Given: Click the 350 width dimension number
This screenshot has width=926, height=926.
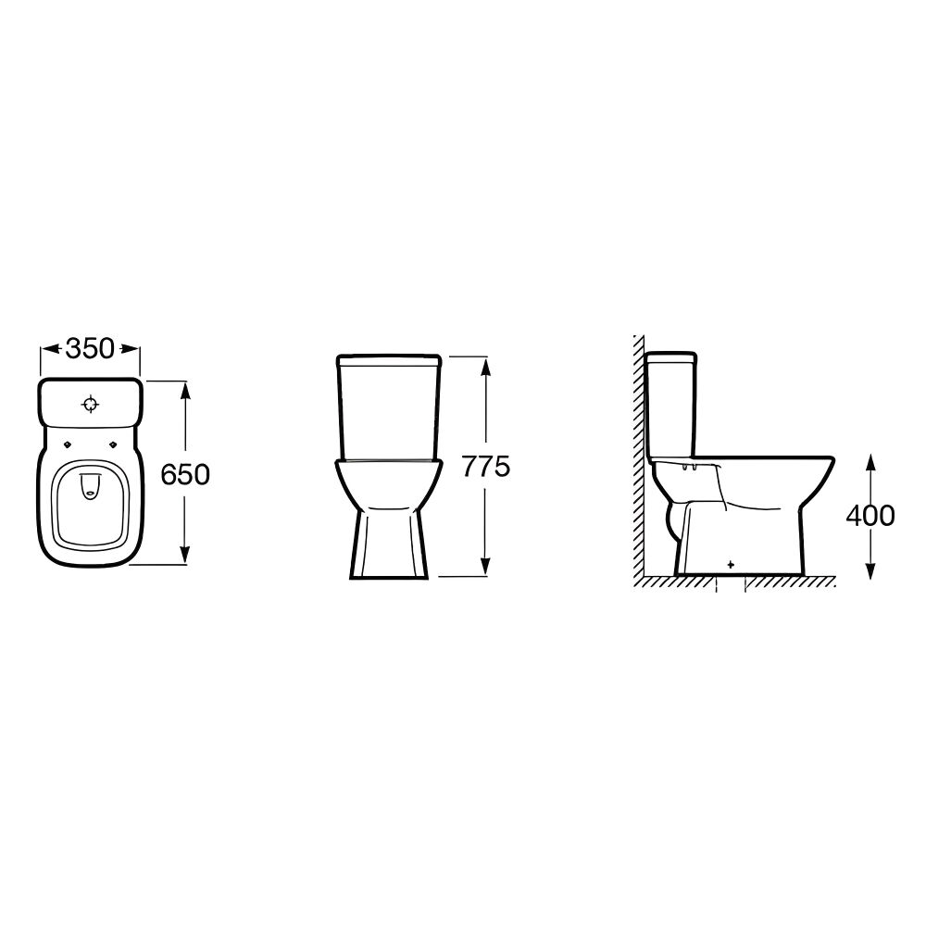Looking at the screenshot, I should pos(90,349).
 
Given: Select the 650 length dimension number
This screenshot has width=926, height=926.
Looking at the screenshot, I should pos(185,474).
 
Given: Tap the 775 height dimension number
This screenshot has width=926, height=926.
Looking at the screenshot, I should pos(486,467).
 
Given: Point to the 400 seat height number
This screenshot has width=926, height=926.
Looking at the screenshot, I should pos(870,515).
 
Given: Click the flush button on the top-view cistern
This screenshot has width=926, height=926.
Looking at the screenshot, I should pos(91,404).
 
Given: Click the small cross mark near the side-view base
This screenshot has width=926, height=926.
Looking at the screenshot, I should pos(732,563).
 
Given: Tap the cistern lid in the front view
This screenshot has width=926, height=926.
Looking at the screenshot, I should pos(388,358).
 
